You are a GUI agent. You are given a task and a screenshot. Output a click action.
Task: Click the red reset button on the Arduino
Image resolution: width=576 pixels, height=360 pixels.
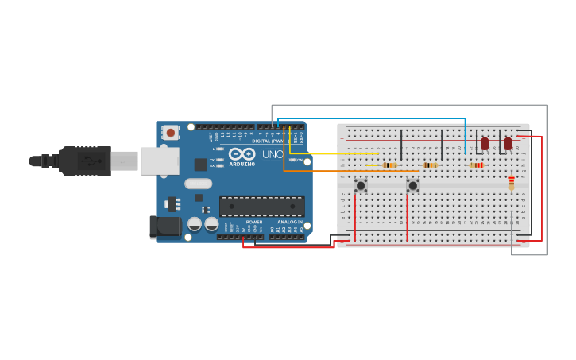(170, 133)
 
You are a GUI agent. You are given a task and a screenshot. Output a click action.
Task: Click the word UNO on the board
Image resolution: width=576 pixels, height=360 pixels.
(273, 154)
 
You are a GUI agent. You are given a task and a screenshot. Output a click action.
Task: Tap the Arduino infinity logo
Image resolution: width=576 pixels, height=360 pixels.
(242, 153)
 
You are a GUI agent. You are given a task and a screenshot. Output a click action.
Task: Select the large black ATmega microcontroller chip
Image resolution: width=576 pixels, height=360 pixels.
(261, 207)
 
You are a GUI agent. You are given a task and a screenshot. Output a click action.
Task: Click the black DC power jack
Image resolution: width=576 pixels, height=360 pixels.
(166, 226)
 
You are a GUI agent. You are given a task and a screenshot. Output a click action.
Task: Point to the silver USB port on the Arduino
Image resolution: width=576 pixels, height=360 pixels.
(159, 161)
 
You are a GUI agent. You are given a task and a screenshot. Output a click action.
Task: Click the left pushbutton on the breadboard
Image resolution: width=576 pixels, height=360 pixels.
(361, 185)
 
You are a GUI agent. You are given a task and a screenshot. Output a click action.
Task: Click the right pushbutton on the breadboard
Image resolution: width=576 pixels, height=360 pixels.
(412, 185)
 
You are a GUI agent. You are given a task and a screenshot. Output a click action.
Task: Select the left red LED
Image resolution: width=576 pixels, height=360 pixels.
(485, 144)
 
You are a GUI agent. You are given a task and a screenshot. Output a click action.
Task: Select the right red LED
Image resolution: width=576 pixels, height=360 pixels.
(508, 144)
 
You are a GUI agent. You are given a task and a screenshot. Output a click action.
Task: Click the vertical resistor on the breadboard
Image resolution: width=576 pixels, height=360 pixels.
(511, 184)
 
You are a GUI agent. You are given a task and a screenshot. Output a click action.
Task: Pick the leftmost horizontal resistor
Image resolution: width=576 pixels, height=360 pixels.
(389, 165)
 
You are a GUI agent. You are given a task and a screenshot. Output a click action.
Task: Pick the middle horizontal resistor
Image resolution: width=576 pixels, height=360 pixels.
(430, 165)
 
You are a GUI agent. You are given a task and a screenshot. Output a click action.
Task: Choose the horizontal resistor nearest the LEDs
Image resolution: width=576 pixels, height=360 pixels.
(477, 165)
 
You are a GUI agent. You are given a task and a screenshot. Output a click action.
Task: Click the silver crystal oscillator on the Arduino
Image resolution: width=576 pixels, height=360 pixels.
(198, 184)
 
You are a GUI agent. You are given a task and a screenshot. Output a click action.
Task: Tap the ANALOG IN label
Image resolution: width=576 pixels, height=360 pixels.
(289, 222)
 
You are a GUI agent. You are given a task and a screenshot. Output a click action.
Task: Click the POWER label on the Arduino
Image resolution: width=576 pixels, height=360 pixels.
(253, 222)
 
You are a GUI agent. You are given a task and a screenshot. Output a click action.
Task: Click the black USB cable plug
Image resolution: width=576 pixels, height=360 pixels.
(83, 161)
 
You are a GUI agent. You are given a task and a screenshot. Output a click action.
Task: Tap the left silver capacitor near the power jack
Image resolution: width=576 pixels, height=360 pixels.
(195, 224)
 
